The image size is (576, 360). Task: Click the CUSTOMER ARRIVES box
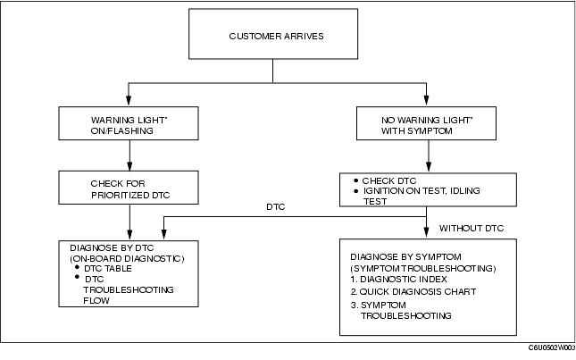click(x=273, y=34)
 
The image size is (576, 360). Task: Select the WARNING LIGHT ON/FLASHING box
click(x=129, y=123)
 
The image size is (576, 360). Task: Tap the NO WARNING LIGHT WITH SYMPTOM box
click(x=426, y=123)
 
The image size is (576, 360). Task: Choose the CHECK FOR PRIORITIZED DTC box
click(x=129, y=188)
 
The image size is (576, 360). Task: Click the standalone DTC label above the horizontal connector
click(x=276, y=207)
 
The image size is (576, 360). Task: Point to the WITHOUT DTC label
click(x=472, y=228)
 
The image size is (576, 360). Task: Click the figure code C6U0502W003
click(x=552, y=347)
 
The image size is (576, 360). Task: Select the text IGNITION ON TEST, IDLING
click(x=422, y=191)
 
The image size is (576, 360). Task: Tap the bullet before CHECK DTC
click(x=355, y=180)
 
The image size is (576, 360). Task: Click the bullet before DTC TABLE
click(x=77, y=267)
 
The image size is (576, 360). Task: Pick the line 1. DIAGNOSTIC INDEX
click(x=398, y=280)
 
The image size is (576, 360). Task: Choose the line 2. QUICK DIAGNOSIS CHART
click(x=413, y=292)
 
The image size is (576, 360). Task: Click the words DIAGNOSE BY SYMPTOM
click(x=405, y=256)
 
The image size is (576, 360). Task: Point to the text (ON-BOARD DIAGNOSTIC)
click(x=127, y=259)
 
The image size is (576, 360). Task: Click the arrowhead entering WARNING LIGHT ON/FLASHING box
click(x=129, y=101)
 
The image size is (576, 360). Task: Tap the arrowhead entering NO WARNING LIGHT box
click(x=426, y=101)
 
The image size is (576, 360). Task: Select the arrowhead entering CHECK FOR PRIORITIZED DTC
click(x=129, y=165)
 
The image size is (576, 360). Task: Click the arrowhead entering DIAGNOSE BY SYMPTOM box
click(x=426, y=232)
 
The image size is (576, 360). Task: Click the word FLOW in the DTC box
click(x=96, y=300)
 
